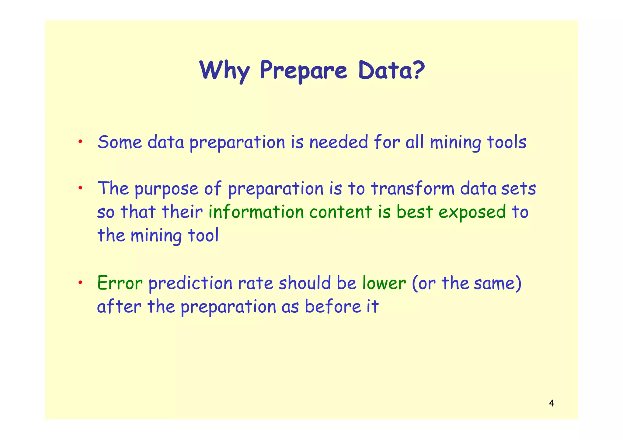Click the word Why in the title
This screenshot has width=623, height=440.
coord(224,70)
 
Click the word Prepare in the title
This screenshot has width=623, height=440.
coord(303,70)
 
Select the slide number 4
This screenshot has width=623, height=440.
coord(552,404)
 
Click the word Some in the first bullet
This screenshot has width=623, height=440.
coord(120,142)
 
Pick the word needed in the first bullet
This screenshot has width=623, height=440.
coord(339,142)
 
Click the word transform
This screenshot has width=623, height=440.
coord(412,189)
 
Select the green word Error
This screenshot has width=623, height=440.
coord(120,283)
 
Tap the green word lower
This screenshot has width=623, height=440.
coord(384,283)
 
